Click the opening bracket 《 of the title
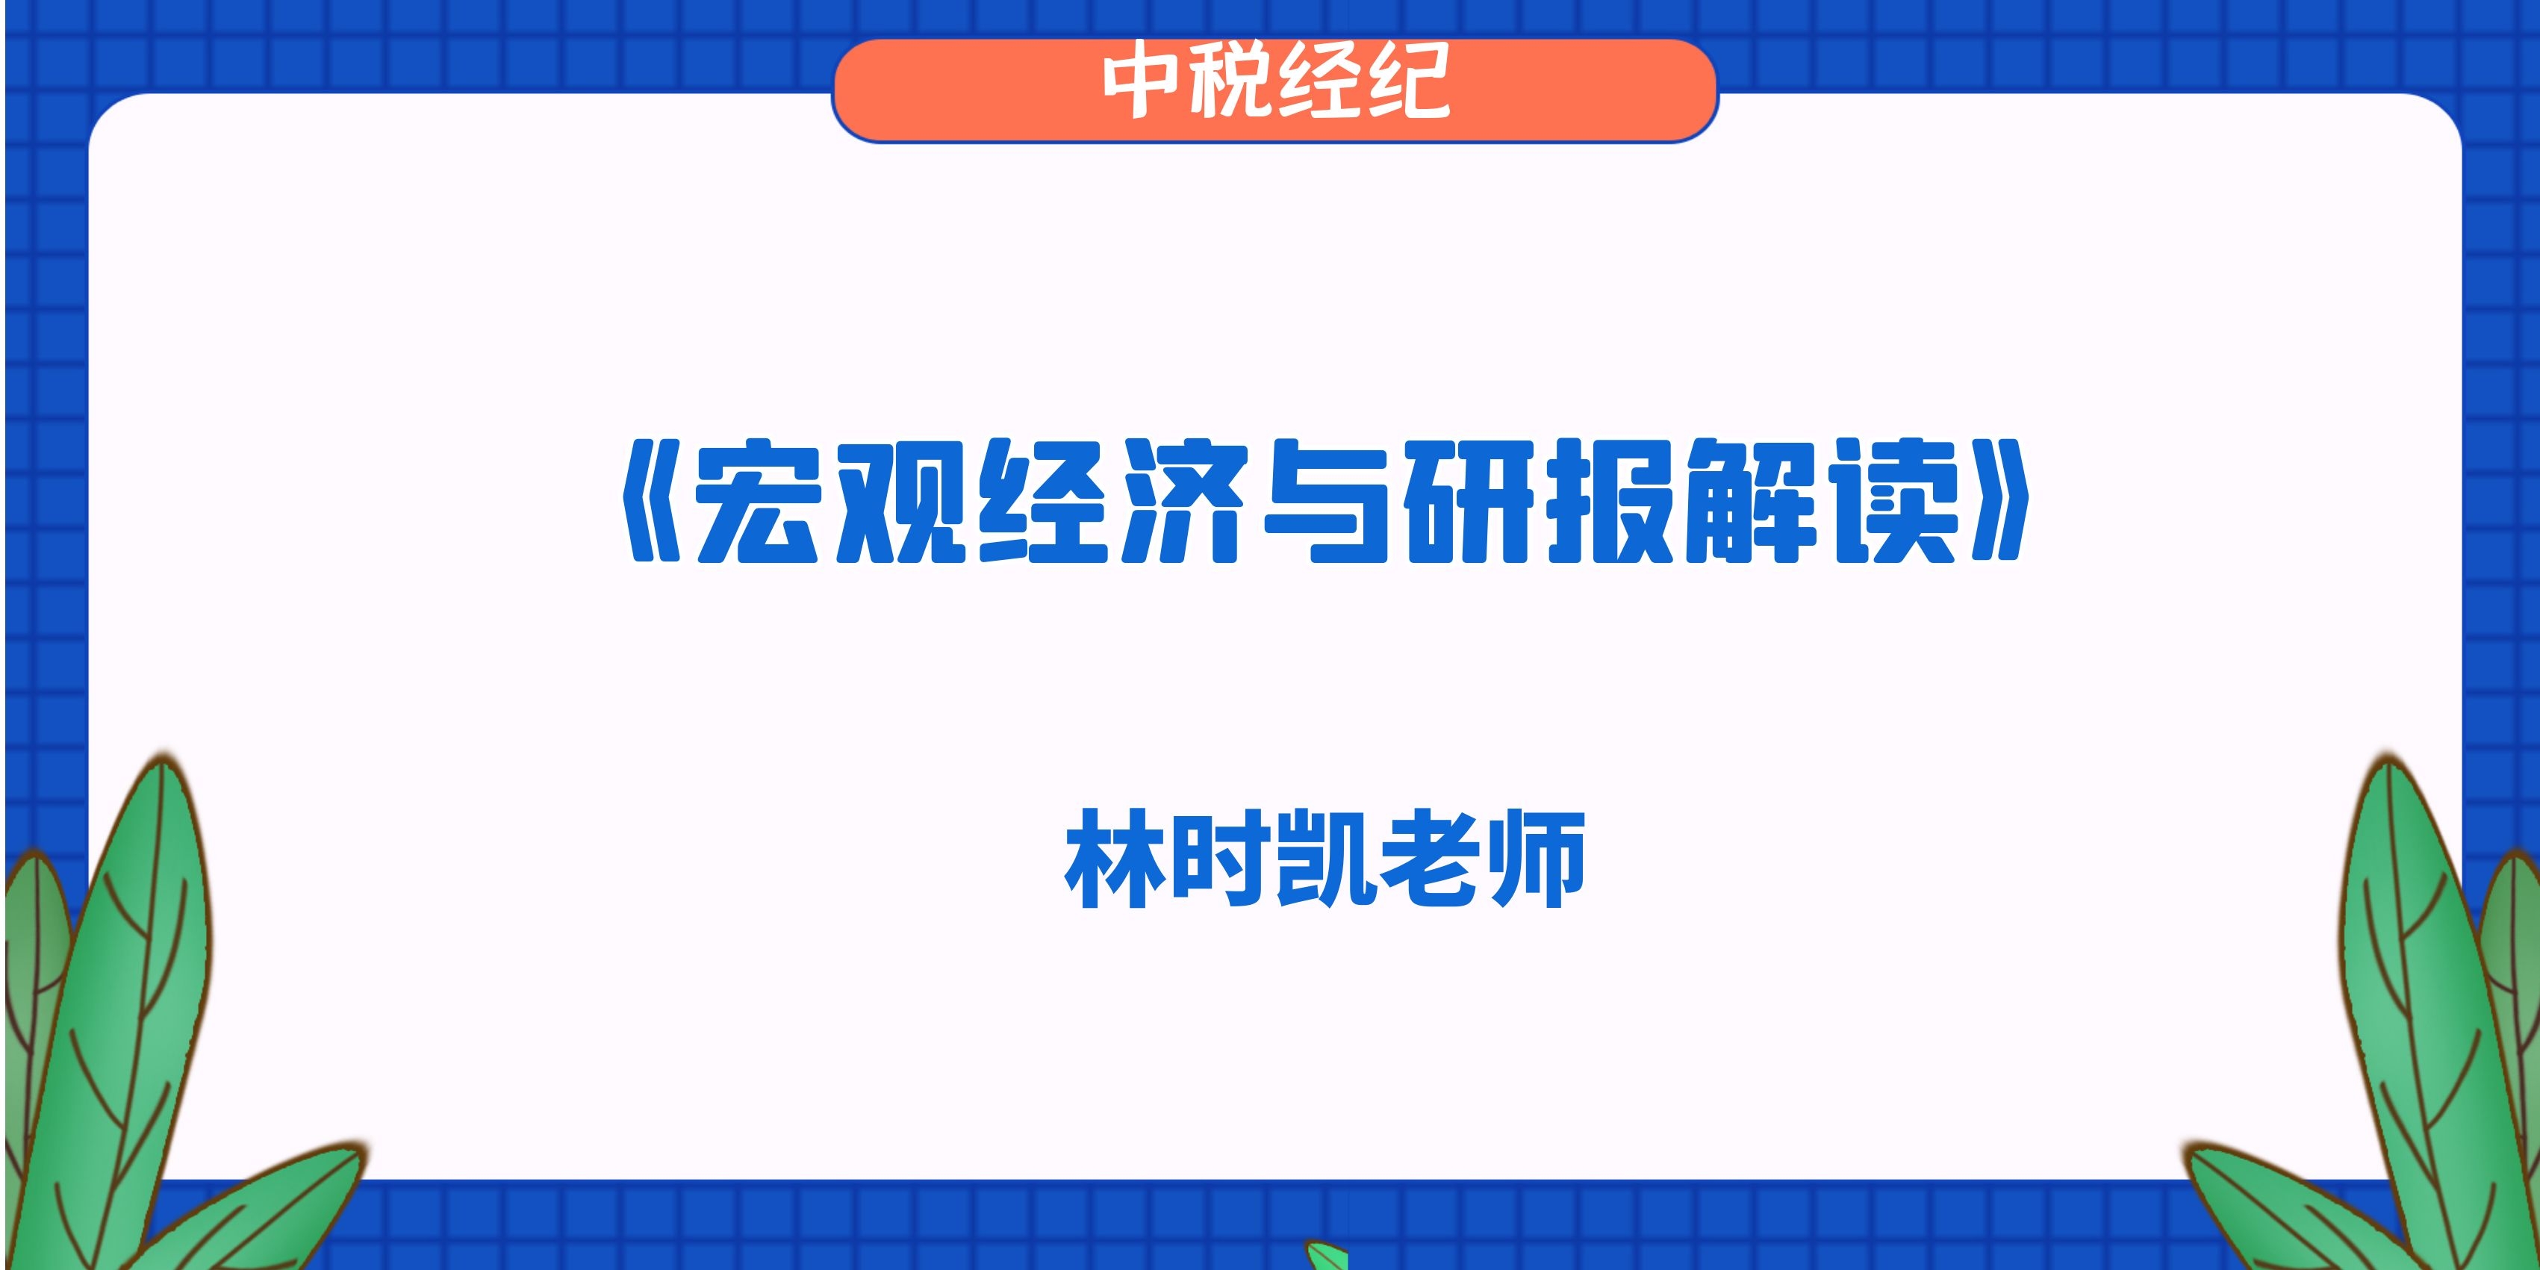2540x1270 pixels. (653, 502)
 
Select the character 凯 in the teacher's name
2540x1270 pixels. (1325, 858)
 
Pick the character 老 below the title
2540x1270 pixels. (1430, 858)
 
